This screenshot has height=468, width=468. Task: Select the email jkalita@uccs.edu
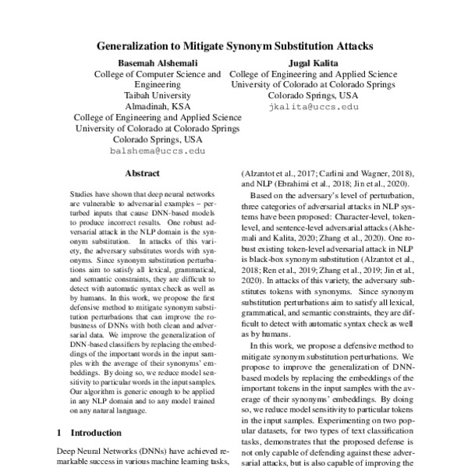[313, 105]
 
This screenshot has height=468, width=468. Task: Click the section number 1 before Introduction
[60, 431]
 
